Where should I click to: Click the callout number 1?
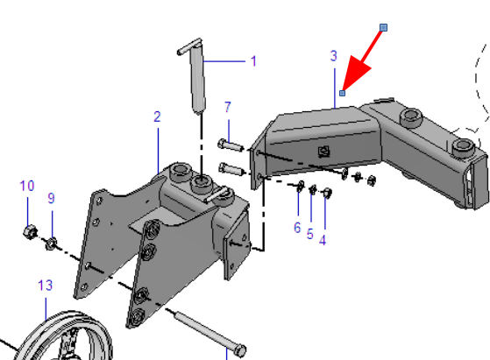point(253,61)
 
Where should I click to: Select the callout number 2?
point(157,116)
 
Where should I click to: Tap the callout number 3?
point(334,56)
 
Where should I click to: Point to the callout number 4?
point(323,240)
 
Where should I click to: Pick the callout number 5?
point(309,234)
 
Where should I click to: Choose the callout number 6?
point(297,228)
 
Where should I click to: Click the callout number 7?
point(228,108)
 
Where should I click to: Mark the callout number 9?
point(51,198)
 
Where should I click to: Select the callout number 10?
point(27,186)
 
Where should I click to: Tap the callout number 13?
point(46,286)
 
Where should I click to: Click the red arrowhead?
point(355,73)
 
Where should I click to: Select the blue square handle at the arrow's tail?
point(383,28)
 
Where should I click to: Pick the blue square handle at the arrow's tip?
point(343,93)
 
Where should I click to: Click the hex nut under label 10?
point(30,232)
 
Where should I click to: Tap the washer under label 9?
point(51,244)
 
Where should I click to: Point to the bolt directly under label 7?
point(231,145)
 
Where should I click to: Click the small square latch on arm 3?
point(324,152)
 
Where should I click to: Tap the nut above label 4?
point(327,193)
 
